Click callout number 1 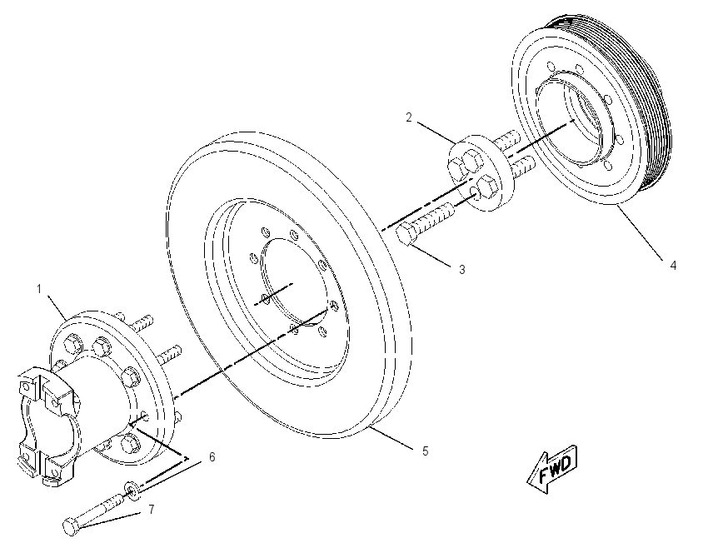point(39,289)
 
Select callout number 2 point(409,117)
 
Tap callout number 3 point(462,270)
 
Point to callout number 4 point(673,266)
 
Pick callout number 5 point(426,451)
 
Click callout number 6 point(212,457)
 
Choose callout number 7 point(152,510)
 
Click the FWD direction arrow point(551,470)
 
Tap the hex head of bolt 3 point(406,235)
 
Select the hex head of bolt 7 point(71,527)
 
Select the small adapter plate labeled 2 point(480,172)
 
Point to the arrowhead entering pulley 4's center point(571,122)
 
